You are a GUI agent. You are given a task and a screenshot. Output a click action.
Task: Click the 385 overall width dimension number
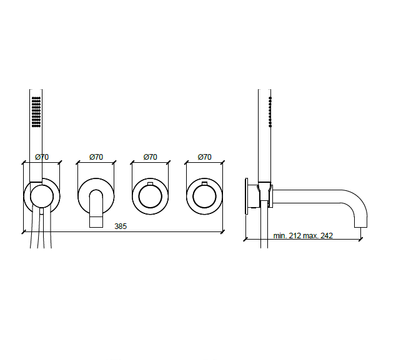[121, 226]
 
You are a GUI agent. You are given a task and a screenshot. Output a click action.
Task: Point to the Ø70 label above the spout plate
[96, 157]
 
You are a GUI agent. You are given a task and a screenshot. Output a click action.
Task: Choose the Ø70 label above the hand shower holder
[42, 157]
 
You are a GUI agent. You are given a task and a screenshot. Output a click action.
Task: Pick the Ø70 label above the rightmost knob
[204, 157]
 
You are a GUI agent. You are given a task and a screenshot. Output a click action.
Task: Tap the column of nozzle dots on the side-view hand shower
[270, 112]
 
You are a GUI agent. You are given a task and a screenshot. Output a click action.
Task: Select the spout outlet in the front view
[96, 223]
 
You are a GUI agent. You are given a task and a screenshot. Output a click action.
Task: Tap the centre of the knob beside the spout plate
[151, 197]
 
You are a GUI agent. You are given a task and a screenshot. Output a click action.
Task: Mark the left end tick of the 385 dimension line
[24, 232]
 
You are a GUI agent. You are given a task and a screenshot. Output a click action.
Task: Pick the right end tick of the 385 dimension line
[223, 232]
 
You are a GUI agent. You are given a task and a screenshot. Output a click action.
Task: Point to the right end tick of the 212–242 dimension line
[362, 238]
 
